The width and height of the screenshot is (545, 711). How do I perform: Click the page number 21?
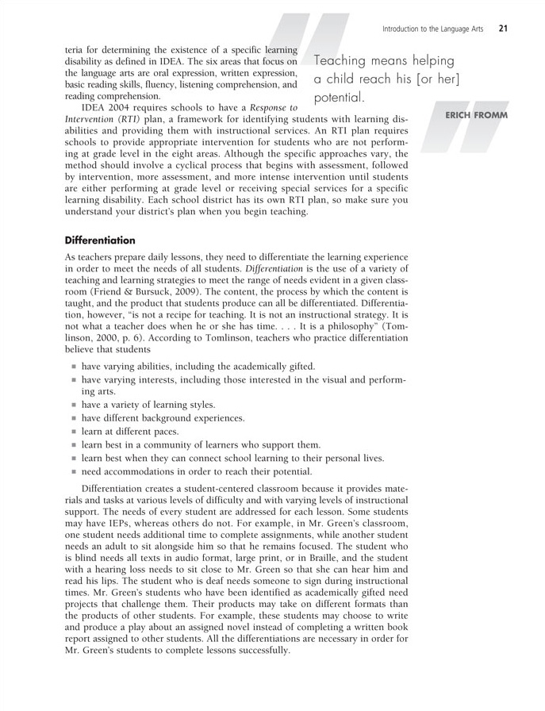click(x=503, y=29)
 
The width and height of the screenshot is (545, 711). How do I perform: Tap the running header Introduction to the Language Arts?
click(x=435, y=29)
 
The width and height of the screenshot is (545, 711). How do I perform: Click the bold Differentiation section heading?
click(x=100, y=240)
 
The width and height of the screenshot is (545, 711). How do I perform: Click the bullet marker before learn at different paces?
click(x=73, y=432)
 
